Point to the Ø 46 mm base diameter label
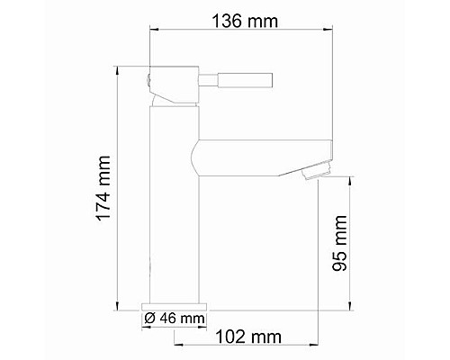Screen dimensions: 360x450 [174, 318]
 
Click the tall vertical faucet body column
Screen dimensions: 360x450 [171, 207]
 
